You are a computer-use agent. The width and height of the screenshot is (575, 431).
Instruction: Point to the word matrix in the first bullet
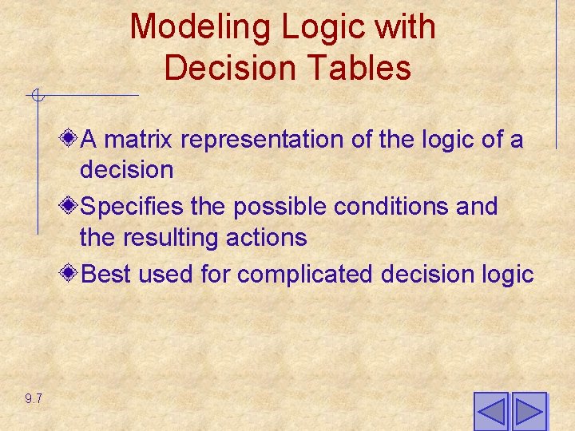140,140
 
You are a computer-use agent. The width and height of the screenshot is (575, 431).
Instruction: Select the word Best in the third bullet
107,275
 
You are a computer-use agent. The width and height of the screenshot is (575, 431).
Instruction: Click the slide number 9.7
34,398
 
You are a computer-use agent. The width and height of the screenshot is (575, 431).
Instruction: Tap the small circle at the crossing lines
37,97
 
